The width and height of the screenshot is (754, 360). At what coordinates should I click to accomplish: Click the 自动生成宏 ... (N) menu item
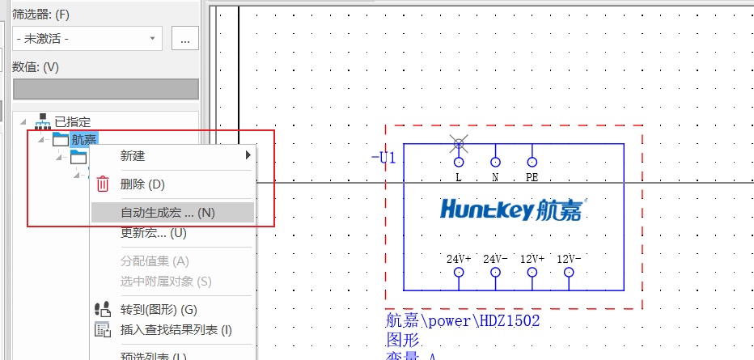[167, 213]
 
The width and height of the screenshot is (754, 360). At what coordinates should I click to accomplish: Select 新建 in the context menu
[133, 155]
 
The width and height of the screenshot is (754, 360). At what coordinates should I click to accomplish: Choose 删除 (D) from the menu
[142, 184]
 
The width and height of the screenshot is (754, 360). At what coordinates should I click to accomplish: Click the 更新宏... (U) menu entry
[153, 233]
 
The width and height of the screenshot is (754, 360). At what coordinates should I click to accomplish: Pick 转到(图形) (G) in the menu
[159, 309]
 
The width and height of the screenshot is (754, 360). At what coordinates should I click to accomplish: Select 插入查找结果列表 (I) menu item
[176, 329]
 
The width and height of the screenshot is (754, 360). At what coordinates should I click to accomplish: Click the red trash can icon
[103, 184]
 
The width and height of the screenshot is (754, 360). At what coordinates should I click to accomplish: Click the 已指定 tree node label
[72, 121]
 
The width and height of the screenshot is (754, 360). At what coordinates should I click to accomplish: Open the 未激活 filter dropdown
[87, 38]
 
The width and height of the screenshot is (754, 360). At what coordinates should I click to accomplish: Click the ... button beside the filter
[185, 38]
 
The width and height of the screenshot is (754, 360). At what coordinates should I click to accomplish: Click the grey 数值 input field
[105, 89]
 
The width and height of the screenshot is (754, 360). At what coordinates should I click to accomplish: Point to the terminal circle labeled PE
[532, 161]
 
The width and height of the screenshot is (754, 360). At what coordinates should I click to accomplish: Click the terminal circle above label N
[496, 161]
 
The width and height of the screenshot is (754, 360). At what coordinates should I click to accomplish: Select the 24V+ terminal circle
[459, 273]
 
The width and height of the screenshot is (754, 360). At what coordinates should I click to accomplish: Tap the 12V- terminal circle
[569, 273]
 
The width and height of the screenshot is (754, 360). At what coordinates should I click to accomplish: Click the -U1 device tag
[383, 158]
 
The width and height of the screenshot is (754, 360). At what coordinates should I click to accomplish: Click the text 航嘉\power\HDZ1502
[463, 321]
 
